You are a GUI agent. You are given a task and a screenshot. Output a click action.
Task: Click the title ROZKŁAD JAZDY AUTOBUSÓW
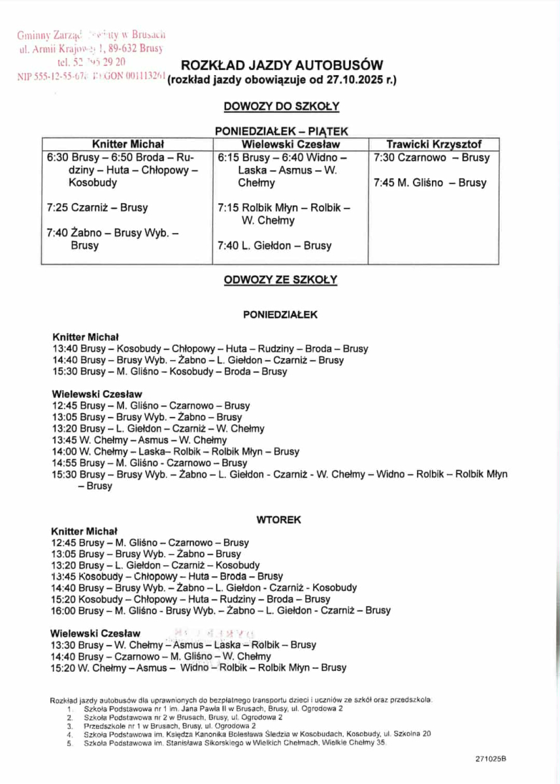tap(281, 65)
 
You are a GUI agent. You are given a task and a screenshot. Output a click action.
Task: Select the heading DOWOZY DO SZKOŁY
tap(281, 106)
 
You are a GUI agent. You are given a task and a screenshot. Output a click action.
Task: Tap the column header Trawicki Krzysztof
tap(434, 144)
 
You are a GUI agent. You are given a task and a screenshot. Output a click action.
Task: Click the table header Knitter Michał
tap(128, 144)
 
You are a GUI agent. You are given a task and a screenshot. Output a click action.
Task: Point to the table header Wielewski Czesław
tap(291, 144)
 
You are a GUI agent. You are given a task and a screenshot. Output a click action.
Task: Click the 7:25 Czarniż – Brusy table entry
tap(97, 208)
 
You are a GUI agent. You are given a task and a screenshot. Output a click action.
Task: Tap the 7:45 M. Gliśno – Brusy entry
tap(430, 183)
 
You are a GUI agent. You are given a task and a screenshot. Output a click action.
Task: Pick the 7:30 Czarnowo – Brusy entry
tap(431, 158)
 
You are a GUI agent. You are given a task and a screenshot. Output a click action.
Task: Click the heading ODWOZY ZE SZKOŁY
tap(280, 280)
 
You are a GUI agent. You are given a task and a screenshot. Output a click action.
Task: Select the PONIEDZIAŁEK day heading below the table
tap(280, 314)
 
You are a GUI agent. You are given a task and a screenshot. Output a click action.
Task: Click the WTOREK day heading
tap(280, 520)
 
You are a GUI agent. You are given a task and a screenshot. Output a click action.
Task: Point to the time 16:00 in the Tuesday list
tap(63, 611)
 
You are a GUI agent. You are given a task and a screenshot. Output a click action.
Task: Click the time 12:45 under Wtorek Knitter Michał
tap(63, 543)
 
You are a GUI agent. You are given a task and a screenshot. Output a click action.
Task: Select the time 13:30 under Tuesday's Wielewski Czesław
tap(63, 645)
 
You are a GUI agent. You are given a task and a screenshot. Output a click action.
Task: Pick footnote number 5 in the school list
tap(70, 743)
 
